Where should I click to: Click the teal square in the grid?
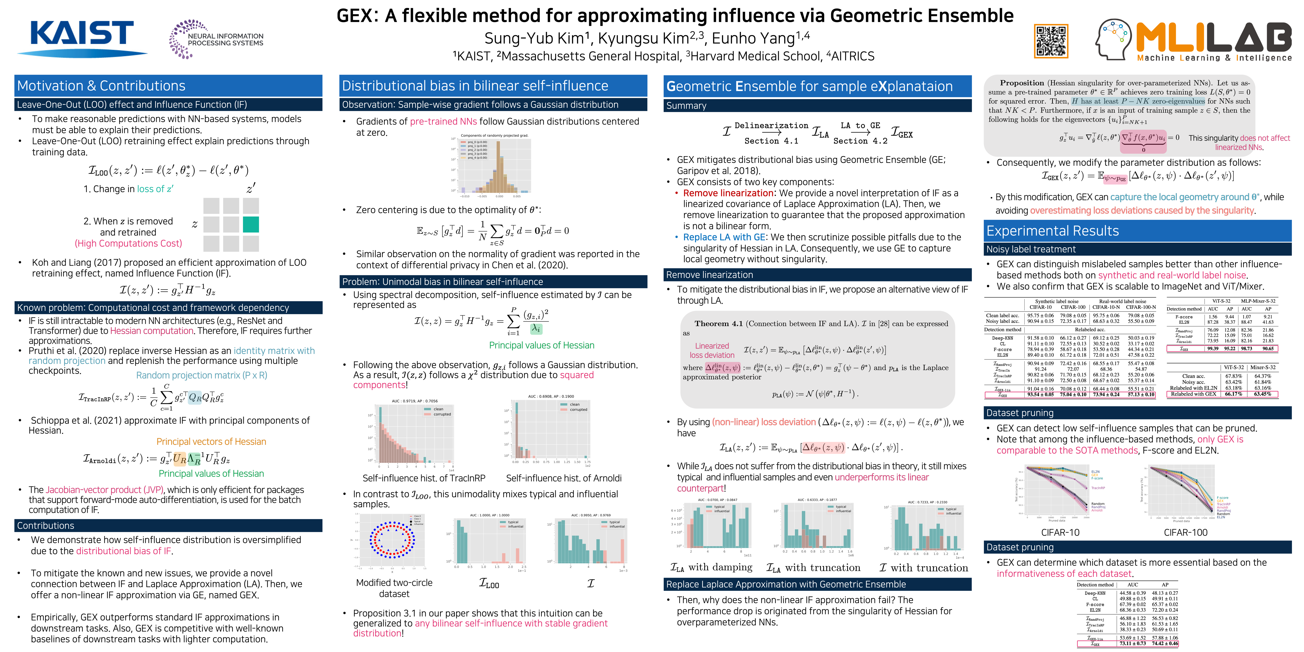pyautogui.click(x=251, y=224)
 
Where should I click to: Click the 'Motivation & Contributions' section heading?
pyautogui.click(x=101, y=86)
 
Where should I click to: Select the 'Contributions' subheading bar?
pyautogui.click(x=46, y=525)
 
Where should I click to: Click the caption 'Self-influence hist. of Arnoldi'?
pyautogui.click(x=563, y=478)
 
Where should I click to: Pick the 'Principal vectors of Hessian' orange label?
pyautogui.click(x=211, y=441)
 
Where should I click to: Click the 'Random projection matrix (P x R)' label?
pyautogui.click(x=201, y=375)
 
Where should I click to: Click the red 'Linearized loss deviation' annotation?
pyautogui.click(x=712, y=350)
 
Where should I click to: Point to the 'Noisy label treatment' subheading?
pyautogui.click(x=1031, y=249)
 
